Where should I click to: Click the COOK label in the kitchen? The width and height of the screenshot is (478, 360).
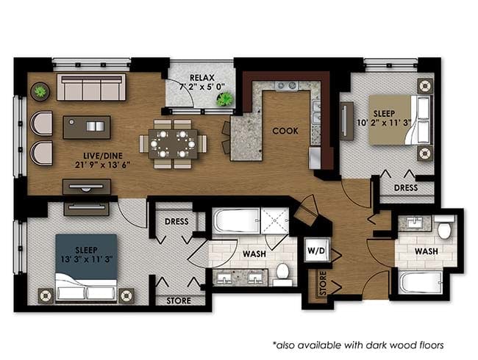pyautogui.click(x=285, y=131)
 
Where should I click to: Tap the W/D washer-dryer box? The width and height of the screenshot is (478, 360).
pyautogui.click(x=317, y=251)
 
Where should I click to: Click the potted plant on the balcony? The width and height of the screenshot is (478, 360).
pyautogui.click(x=225, y=98)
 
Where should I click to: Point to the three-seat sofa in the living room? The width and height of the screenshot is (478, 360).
pyautogui.click(x=91, y=87)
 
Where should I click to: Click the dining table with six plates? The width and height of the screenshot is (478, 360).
pyautogui.click(x=173, y=144)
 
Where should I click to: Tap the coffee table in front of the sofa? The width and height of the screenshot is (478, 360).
pyautogui.click(x=87, y=127)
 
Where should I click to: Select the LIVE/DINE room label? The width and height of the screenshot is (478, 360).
pyautogui.click(x=103, y=156)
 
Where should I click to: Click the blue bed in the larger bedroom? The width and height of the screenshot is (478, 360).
pyautogui.click(x=85, y=268)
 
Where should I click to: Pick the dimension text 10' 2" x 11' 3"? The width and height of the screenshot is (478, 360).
pyautogui.click(x=384, y=123)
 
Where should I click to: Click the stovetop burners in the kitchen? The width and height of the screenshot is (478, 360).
pyautogui.click(x=287, y=85)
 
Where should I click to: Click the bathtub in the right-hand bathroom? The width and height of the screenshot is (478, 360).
pyautogui.click(x=421, y=282)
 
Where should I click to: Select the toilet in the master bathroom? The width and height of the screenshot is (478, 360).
pyautogui.click(x=282, y=274)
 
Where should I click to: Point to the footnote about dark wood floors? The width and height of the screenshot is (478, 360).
pyautogui.click(x=358, y=345)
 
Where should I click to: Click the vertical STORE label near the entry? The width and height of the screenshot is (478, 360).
pyautogui.click(x=323, y=284)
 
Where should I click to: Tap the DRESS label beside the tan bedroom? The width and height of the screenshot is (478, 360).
pyautogui.click(x=405, y=187)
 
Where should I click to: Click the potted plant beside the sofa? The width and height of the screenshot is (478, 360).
pyautogui.click(x=40, y=91)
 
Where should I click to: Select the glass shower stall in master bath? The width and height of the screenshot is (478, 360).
pyautogui.click(x=274, y=221)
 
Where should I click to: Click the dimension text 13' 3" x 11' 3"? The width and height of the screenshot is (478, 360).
pyautogui.click(x=87, y=259)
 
